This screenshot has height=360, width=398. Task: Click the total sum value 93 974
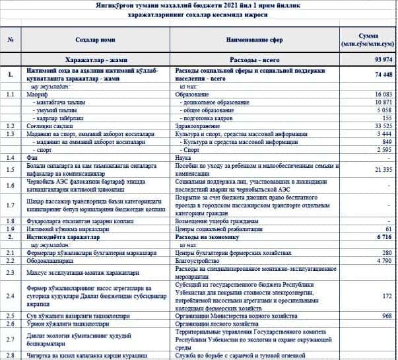click(382, 60)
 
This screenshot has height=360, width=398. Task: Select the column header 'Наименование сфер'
click(257, 40)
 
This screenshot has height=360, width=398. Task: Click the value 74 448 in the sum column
click(382, 75)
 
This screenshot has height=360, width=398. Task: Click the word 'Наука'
click(183, 159)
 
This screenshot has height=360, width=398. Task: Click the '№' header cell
click(10, 40)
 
